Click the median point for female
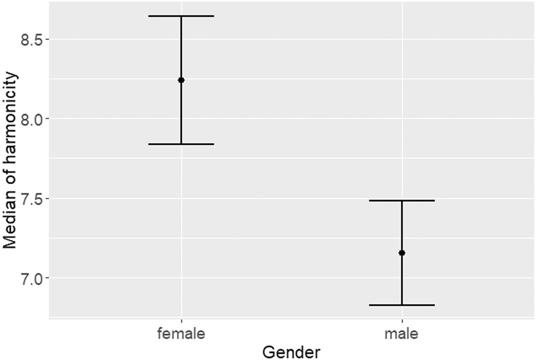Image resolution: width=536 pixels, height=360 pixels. [x=181, y=80]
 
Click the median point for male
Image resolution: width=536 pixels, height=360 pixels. [x=402, y=253]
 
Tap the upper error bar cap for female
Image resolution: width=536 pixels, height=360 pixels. [x=181, y=16]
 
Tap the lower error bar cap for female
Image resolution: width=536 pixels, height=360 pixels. [x=181, y=144]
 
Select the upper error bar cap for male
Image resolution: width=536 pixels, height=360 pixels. [x=402, y=200]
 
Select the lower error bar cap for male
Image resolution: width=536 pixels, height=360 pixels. [x=402, y=305]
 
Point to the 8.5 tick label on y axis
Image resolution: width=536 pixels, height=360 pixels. [x=32, y=40]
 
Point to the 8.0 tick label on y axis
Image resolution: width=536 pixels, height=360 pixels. [x=32, y=119]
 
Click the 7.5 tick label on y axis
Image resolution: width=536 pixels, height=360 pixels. [x=32, y=199]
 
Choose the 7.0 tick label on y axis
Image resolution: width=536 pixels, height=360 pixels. [x=32, y=278]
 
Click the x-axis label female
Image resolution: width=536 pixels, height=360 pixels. [x=181, y=334]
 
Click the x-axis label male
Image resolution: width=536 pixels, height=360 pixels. [x=402, y=334]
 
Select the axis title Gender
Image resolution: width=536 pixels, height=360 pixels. [x=292, y=352]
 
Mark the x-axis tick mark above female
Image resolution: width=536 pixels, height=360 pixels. [x=181, y=320]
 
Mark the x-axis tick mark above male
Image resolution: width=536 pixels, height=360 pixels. [x=402, y=320]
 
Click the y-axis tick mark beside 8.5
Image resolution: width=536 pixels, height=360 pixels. [x=47, y=39]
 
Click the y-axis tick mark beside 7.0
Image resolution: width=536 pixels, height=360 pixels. [x=47, y=277]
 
